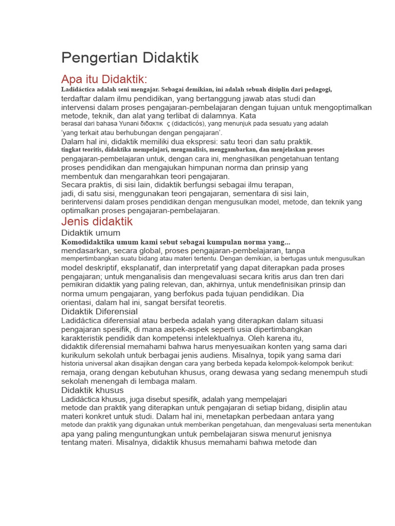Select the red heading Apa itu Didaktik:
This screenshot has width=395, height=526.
click(x=104, y=79)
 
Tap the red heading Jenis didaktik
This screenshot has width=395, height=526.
click(x=97, y=221)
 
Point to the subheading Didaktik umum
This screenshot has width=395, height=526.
click(x=91, y=233)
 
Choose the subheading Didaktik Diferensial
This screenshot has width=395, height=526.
click(x=99, y=311)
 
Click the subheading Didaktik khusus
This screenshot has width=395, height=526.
click(x=92, y=390)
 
